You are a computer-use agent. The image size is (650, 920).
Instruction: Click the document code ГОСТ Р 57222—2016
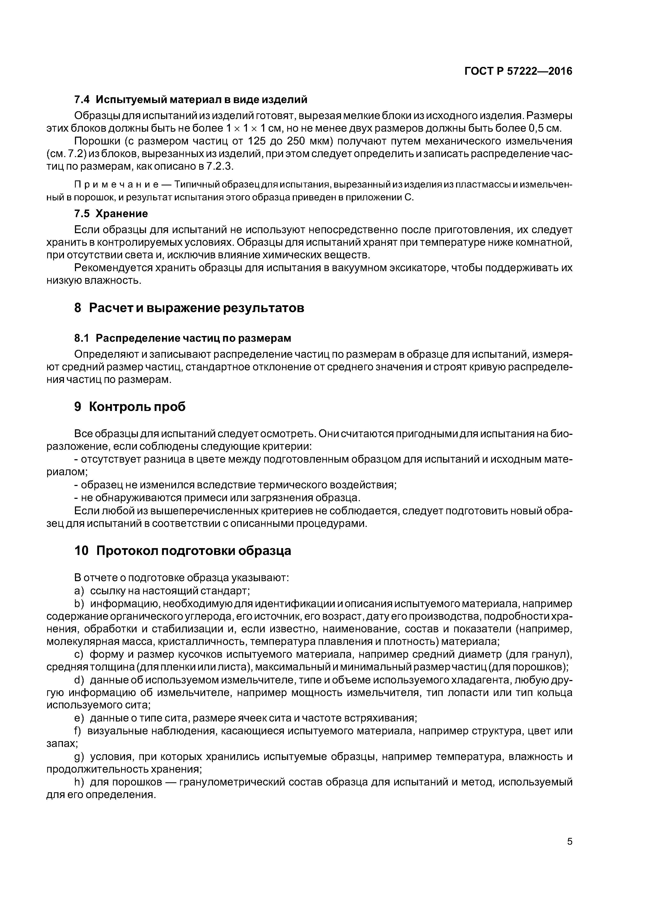click(518, 71)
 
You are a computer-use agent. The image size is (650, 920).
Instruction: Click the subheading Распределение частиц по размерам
click(193, 338)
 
